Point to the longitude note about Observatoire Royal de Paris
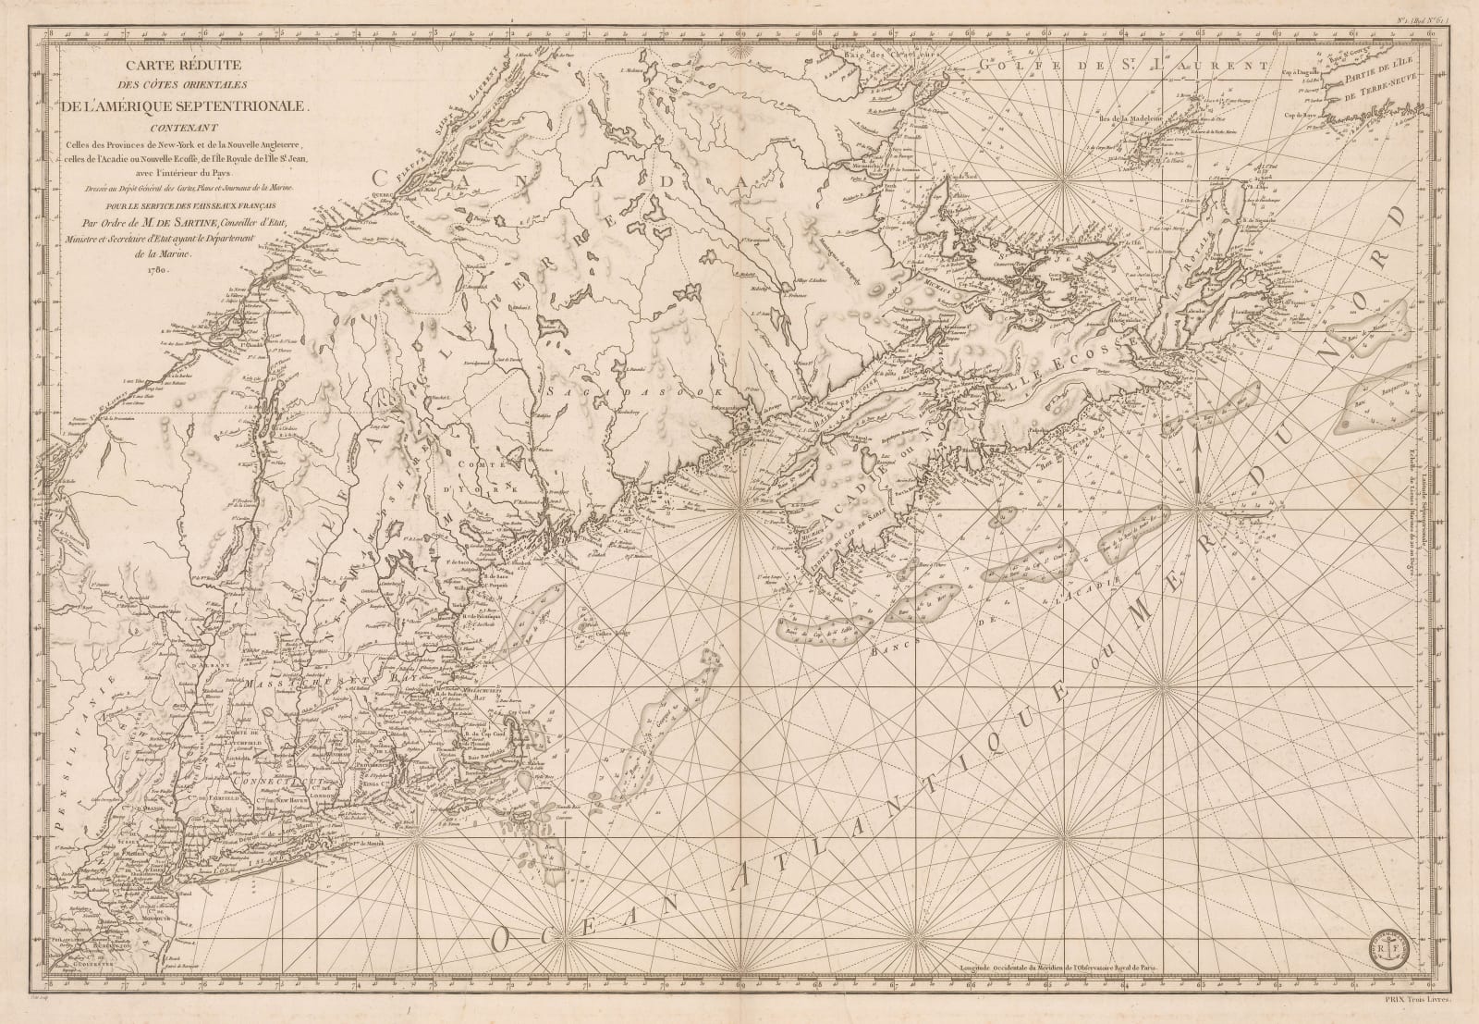pos(1064,961)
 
